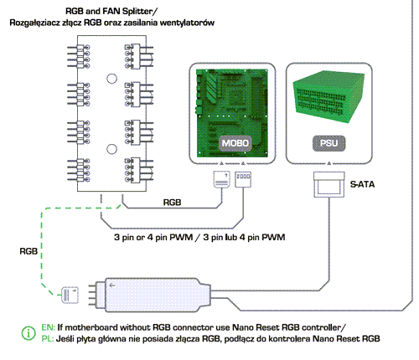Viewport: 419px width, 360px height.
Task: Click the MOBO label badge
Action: (235, 143)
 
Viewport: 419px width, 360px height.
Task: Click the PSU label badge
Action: (328, 143)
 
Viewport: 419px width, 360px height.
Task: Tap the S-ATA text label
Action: (362, 184)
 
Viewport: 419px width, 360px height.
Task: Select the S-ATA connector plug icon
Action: (328, 184)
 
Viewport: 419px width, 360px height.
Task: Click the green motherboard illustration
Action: (232, 113)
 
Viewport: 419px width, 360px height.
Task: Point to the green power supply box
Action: (328, 96)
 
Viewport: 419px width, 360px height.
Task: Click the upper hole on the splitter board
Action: (111, 79)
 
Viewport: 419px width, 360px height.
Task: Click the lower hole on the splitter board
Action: (111, 149)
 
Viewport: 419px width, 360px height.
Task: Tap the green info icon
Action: (28, 333)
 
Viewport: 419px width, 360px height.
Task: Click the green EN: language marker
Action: (49, 327)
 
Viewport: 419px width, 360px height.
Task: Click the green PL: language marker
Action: (48, 339)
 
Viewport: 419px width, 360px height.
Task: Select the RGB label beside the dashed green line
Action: (28, 251)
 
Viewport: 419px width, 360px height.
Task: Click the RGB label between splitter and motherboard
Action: (172, 203)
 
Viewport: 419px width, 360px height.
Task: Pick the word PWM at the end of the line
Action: (273, 237)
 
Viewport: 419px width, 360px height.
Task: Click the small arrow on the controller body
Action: (112, 285)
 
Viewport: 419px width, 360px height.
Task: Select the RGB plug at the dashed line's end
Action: (70, 295)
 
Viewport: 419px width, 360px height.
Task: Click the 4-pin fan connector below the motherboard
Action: (243, 179)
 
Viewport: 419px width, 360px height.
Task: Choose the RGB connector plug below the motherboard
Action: (222, 179)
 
